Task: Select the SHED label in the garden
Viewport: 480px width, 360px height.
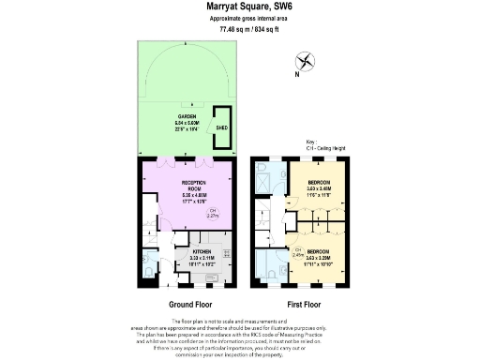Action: point(222,127)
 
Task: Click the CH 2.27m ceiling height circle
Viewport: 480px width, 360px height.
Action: point(213,212)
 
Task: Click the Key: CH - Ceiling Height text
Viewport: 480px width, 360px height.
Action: point(324,144)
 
